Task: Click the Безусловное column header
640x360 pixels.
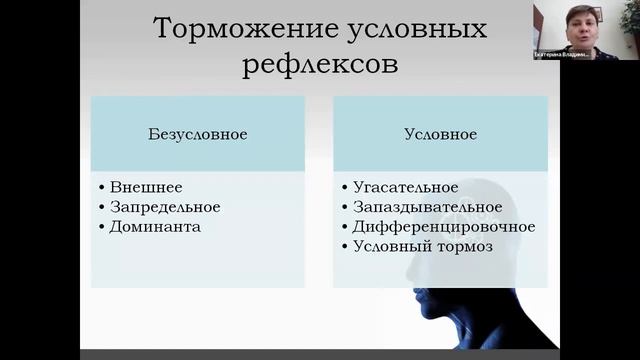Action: click(x=199, y=133)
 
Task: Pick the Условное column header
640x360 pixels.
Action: click(x=441, y=133)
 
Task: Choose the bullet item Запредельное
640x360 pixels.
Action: click(x=165, y=207)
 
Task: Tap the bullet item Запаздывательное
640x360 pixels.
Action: click(x=419, y=207)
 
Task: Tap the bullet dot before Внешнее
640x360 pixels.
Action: click(x=103, y=187)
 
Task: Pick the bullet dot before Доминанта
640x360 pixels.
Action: click(x=103, y=227)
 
